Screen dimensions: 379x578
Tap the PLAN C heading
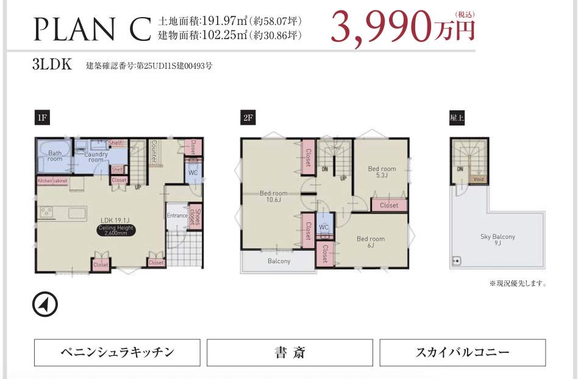point(91,27)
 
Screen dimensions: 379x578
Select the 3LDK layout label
point(52,65)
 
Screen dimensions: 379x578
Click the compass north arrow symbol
point(45,304)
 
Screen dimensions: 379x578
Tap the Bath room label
point(55,156)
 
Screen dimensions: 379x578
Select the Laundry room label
point(96,157)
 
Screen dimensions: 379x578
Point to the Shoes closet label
point(194,217)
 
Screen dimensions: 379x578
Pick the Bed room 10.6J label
point(273,196)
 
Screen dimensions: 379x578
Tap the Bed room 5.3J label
point(382,172)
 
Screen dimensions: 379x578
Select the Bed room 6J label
point(371,242)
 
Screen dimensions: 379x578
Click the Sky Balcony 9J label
point(498,239)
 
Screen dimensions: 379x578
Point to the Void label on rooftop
point(479,180)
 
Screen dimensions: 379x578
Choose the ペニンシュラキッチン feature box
point(117,352)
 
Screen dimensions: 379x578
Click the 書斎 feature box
point(290,352)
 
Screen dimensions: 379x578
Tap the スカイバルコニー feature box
point(462,352)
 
